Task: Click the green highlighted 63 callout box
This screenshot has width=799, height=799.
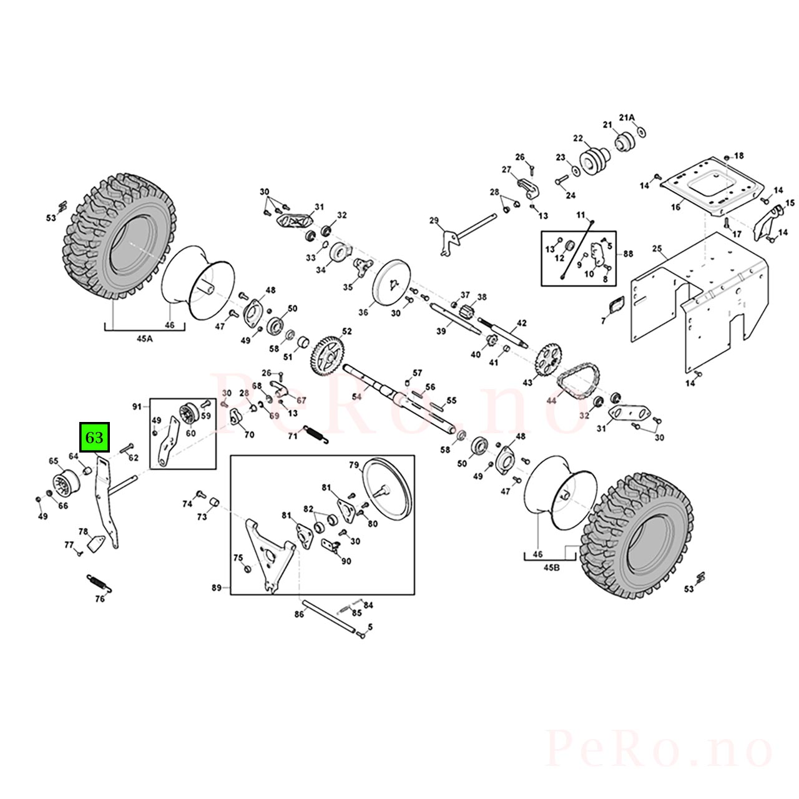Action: pos(94,437)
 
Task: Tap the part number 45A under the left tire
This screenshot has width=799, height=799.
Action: pos(144,339)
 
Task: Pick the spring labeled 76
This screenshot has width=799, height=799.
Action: pos(99,582)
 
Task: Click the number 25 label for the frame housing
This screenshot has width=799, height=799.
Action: pos(657,249)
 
